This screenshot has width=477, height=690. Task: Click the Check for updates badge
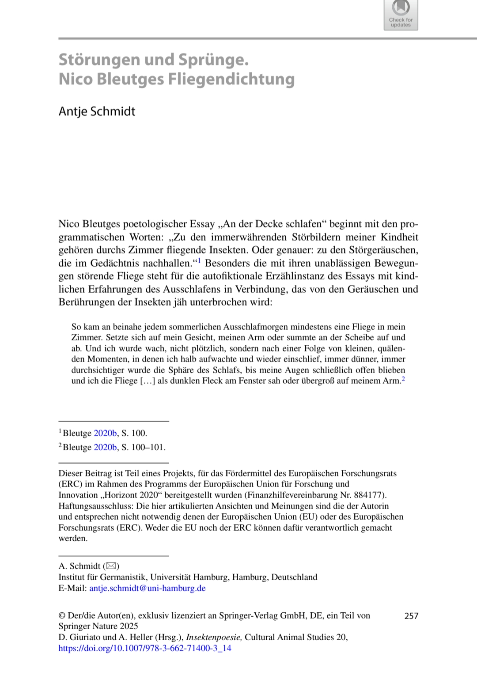click(x=401, y=15)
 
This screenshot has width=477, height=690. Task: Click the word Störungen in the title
click(x=100, y=59)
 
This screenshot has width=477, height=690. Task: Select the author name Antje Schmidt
click(x=97, y=111)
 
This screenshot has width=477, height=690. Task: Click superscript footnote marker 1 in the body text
click(x=199, y=261)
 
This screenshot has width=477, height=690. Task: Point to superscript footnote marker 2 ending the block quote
click(x=403, y=378)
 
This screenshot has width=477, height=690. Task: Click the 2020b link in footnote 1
click(x=105, y=433)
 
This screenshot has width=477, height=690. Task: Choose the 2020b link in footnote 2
click(x=105, y=447)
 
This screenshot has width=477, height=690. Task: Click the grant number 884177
click(x=368, y=495)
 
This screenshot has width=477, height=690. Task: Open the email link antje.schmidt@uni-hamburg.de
click(x=148, y=588)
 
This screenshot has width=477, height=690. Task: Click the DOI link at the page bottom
click(x=145, y=648)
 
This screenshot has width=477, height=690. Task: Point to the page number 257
click(x=411, y=616)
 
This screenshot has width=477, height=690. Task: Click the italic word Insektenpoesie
click(x=214, y=637)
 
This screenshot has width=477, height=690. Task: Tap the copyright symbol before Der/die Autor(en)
click(x=62, y=615)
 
